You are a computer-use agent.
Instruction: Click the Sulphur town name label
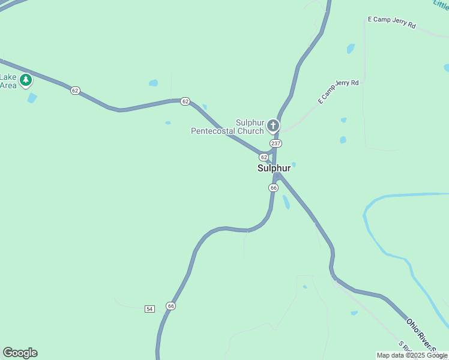click(274, 168)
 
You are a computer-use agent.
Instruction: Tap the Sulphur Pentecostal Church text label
click(228, 127)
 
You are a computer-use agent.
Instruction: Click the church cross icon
click(273, 125)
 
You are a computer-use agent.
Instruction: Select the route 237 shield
click(276, 143)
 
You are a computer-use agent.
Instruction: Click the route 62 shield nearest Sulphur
click(264, 157)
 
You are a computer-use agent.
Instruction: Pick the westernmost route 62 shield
click(74, 91)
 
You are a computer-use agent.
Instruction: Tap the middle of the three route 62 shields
click(185, 101)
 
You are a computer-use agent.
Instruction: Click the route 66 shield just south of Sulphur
click(273, 188)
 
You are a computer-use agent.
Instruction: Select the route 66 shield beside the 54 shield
click(171, 306)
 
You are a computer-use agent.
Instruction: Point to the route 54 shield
click(149, 308)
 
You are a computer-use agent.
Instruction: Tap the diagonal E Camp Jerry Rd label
click(338, 91)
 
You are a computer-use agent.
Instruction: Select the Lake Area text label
click(8, 81)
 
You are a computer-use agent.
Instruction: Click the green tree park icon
click(26, 80)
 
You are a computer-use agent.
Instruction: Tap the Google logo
click(20, 353)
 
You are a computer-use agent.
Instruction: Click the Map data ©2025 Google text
click(412, 355)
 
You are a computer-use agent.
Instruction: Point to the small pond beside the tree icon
click(32, 97)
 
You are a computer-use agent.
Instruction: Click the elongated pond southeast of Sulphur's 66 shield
click(286, 202)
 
